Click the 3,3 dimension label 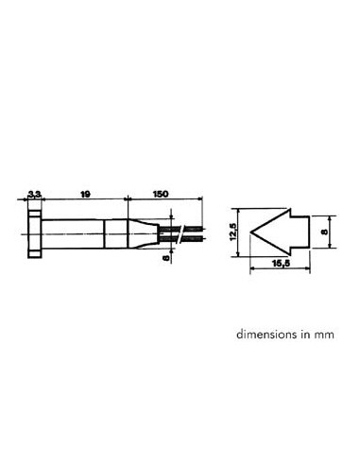(34, 195)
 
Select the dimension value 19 (85, 194)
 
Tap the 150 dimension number (161, 194)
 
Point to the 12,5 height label (233, 232)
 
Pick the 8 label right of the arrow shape (324, 232)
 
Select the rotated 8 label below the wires (166, 258)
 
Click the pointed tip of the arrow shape (250, 232)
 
